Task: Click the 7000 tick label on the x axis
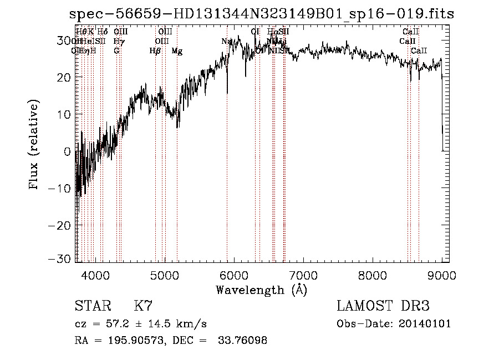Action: (303, 275)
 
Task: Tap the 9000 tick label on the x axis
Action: (441, 275)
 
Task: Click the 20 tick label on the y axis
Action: (63, 77)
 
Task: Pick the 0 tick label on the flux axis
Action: (67, 151)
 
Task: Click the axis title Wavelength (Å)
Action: (261, 290)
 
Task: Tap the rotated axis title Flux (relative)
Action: (35, 145)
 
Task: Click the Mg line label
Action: (177, 51)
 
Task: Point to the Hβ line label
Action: (155, 51)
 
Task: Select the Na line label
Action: (226, 42)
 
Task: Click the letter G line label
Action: (116, 51)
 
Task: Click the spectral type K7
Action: (143, 306)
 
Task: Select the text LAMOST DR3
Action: (383, 306)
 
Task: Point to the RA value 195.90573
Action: (132, 341)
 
